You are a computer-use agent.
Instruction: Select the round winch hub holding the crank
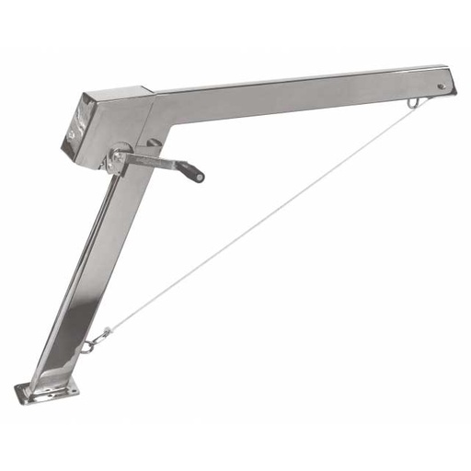click(117, 160)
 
